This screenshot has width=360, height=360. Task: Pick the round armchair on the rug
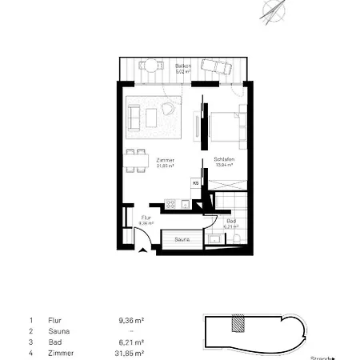pos(168,109)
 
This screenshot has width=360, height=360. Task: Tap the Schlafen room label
pos(222,160)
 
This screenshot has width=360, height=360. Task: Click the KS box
pos(194,182)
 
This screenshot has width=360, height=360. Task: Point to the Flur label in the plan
pos(146,218)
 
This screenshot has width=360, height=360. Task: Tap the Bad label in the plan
pos(231,220)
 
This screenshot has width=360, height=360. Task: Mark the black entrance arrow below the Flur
pos(142,250)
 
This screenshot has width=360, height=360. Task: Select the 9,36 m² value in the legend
pos(131,319)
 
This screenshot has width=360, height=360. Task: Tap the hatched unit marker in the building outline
pos(237,323)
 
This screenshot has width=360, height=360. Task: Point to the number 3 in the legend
pos(30,342)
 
